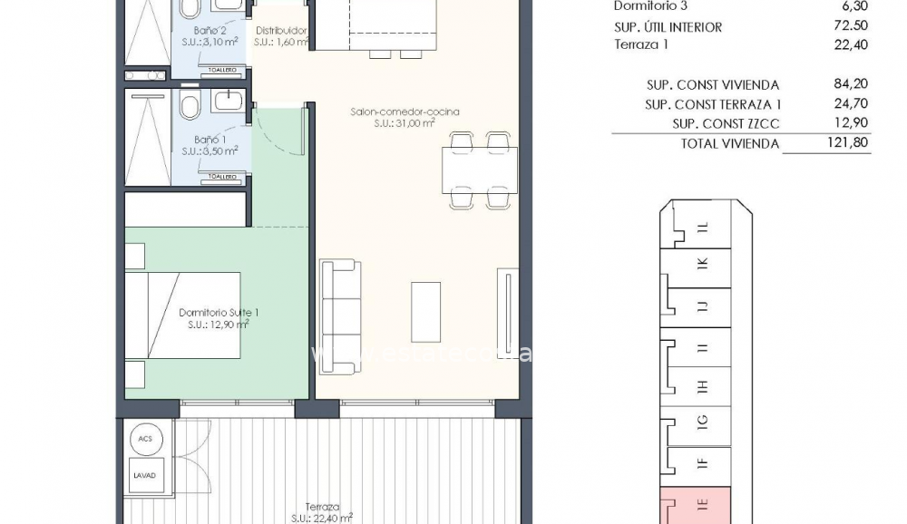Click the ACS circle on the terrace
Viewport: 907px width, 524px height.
tap(145, 439)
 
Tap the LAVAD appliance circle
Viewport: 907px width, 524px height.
tap(145, 475)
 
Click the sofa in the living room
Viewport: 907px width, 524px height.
tap(338, 315)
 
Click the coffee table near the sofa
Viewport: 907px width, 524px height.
tap(425, 311)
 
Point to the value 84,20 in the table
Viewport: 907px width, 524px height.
tap(851, 84)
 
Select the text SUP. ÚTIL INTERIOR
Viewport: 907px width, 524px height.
tap(668, 27)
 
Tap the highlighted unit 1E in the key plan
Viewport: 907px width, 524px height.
tap(696, 504)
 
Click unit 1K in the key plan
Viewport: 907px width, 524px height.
tap(699, 264)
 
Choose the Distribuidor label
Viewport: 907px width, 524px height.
tap(280, 30)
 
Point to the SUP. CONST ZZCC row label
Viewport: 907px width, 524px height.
tap(726, 124)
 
